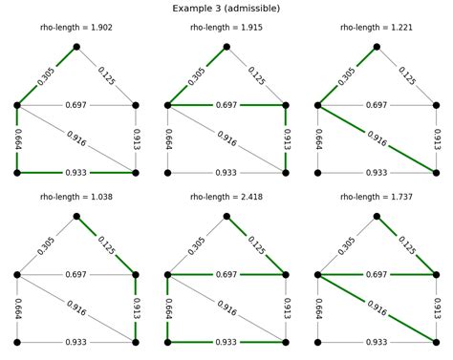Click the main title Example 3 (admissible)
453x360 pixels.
(x=226, y=8)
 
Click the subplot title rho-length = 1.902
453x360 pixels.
(x=76, y=31)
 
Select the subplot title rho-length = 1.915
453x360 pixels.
(x=226, y=31)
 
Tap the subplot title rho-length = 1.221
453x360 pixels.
(x=377, y=31)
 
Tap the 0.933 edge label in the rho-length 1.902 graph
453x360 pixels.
(x=76, y=173)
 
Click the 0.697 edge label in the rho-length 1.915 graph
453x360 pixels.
(x=226, y=104)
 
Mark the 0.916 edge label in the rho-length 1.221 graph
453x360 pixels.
(x=377, y=138)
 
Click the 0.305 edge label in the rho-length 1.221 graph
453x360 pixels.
(x=347, y=75)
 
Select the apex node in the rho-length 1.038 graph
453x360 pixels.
(x=76, y=217)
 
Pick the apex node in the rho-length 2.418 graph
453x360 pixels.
(x=226, y=217)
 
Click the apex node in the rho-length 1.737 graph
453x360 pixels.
(x=377, y=217)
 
